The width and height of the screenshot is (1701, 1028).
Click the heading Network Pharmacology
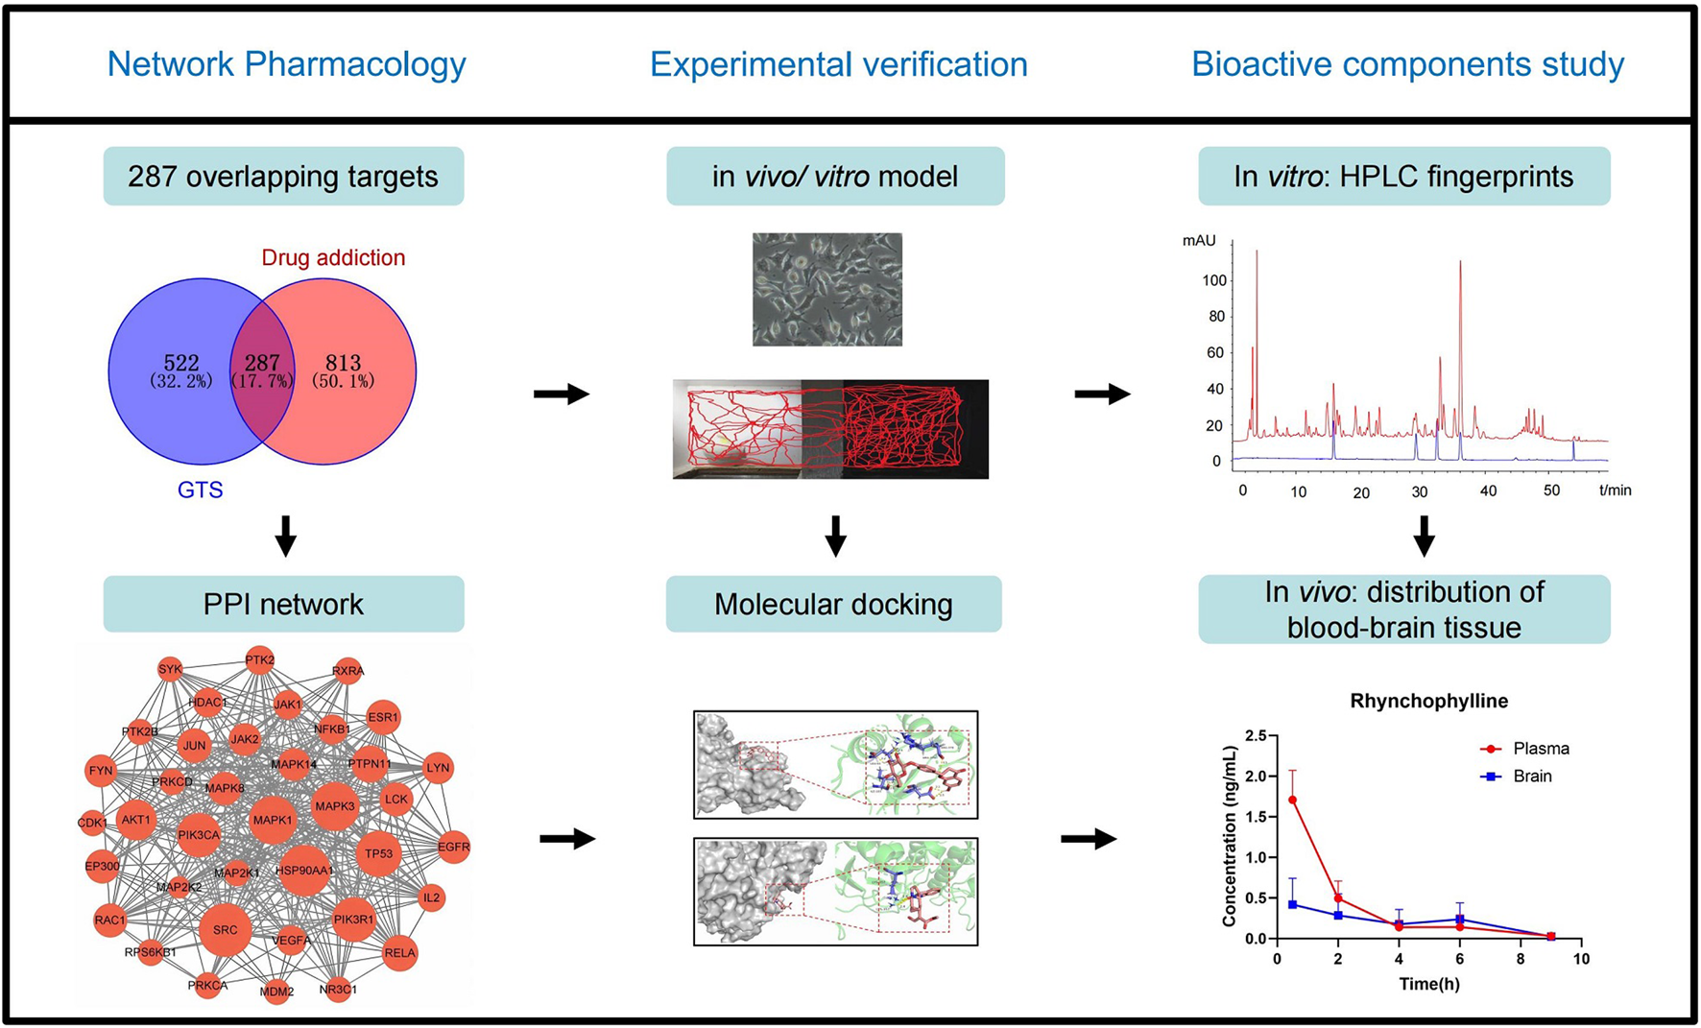(x=286, y=64)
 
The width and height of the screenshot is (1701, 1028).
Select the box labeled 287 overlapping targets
(x=283, y=177)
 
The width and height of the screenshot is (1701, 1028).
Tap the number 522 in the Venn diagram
(x=180, y=363)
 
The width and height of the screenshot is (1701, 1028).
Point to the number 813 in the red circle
(x=343, y=363)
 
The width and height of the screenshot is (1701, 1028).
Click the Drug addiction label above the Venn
(x=333, y=257)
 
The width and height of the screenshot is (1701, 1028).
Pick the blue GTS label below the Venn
(x=200, y=490)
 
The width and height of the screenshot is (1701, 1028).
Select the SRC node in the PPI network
(x=225, y=929)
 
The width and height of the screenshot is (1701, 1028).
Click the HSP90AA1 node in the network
(x=304, y=871)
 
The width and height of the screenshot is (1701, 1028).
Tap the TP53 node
(x=378, y=853)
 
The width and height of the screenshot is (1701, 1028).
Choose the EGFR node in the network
(x=453, y=847)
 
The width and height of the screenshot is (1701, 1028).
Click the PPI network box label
(x=283, y=605)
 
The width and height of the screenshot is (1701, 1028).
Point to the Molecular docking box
(x=833, y=605)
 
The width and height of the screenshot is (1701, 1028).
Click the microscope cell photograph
(x=827, y=289)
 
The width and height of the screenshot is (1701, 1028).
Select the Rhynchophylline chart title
(x=1428, y=701)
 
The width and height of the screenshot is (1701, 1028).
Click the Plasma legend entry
(x=1540, y=749)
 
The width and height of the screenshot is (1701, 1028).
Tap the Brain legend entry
(x=1531, y=777)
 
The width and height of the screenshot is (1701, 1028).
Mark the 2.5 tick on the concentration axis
(x=1255, y=735)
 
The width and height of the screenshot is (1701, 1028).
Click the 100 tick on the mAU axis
(x=1213, y=280)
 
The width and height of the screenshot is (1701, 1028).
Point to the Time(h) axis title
(x=1428, y=984)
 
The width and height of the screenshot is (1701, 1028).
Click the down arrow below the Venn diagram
(x=285, y=536)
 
